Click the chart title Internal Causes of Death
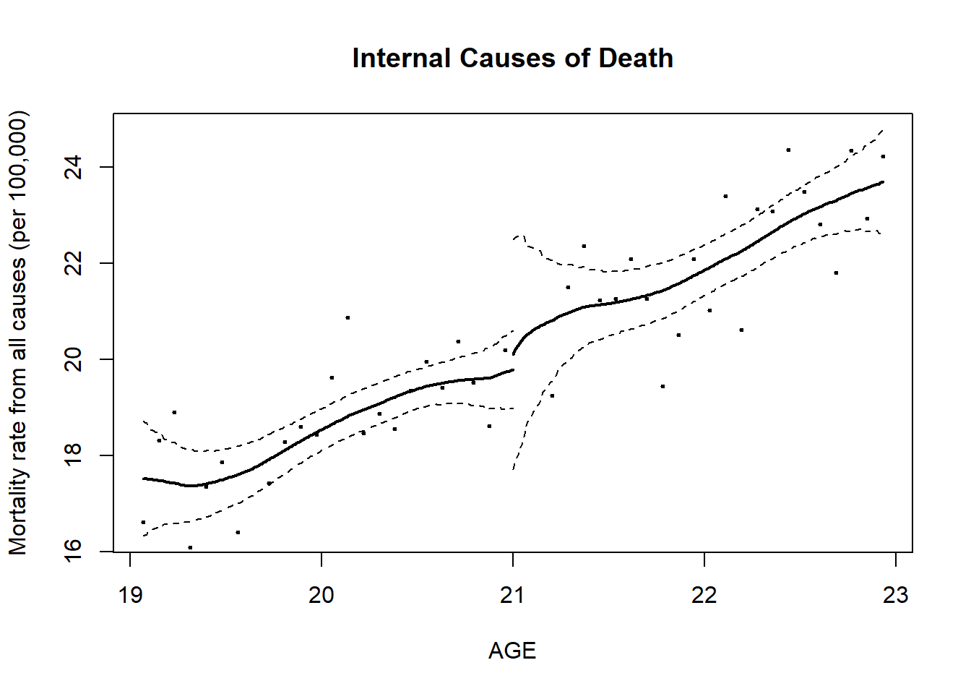512,59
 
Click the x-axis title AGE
512,651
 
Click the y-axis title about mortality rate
18,333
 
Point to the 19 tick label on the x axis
130,596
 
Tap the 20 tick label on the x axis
321,596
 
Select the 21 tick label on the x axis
513,596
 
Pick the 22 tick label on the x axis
704,596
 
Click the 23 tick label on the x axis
896,596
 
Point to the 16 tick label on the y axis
73,552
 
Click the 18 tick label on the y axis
73,455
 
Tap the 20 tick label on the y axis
73,359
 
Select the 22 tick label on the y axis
73,263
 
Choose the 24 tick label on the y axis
73,167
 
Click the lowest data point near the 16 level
190,547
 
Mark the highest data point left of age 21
348,317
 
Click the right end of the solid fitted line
883,182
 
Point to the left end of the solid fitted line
144,479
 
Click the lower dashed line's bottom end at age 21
513,469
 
